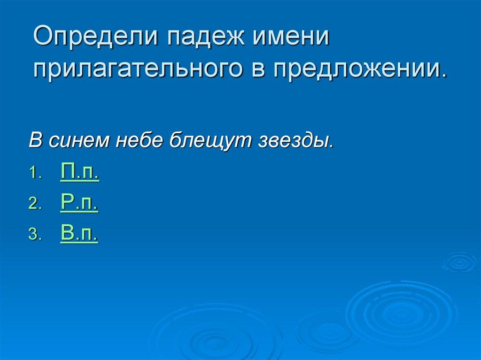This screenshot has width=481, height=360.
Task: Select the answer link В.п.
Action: pos(79,233)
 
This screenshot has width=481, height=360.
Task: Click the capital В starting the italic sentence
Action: pos(35,141)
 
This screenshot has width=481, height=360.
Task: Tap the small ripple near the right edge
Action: pos(459,263)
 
